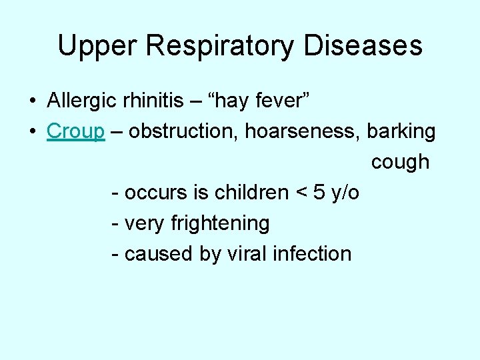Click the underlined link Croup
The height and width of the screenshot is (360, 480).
coord(75,132)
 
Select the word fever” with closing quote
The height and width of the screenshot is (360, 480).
coord(282,101)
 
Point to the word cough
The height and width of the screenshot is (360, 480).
coord(400,163)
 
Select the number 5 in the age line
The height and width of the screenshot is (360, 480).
coord(319,193)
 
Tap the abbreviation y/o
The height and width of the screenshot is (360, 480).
coord(345,193)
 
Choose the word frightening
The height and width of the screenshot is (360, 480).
coord(220,224)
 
